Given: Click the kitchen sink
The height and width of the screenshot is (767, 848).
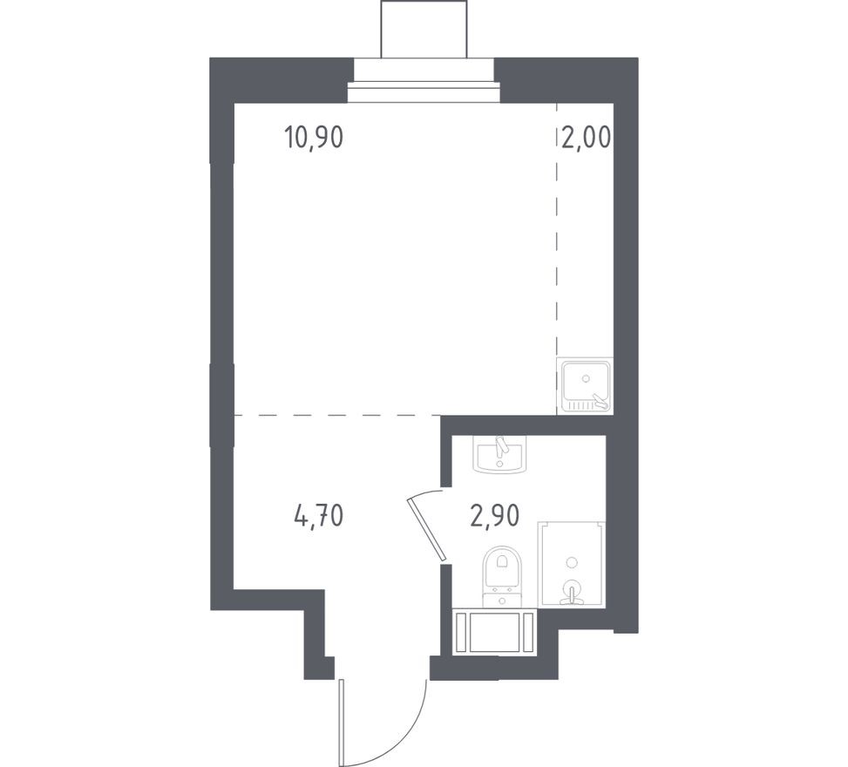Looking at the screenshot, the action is [585, 384].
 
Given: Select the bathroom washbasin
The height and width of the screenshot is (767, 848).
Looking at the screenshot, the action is [499, 453].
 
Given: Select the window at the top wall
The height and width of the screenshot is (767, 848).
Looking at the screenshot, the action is [424, 92].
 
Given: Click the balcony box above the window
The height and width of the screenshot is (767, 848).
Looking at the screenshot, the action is [424, 29].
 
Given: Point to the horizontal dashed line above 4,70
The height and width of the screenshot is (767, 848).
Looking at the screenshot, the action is [336, 416].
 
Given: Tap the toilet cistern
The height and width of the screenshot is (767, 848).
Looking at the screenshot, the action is [503, 597].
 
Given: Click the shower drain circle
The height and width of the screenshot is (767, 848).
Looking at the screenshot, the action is [571, 562].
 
